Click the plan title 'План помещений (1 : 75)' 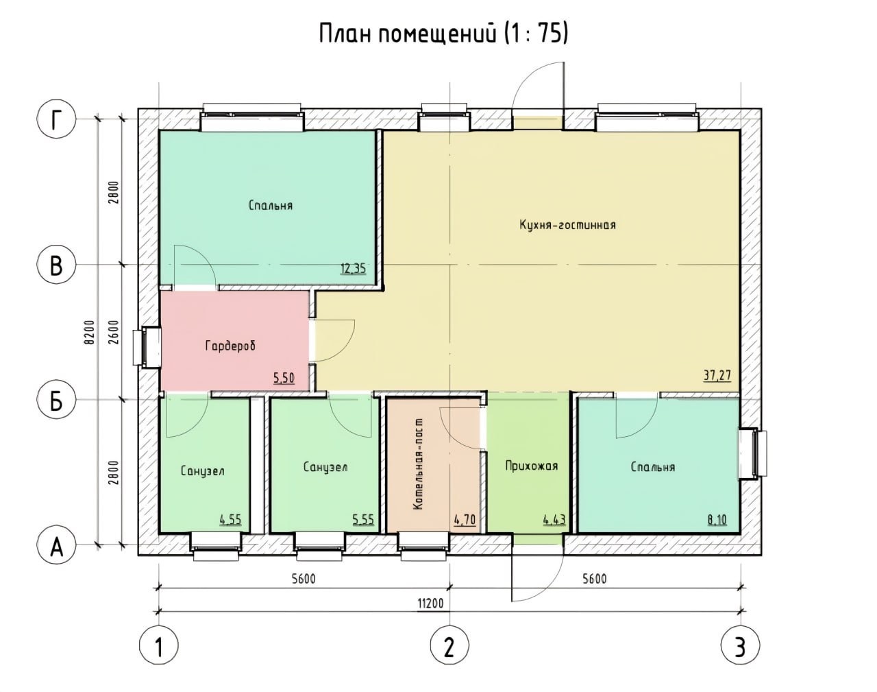coord(443,34)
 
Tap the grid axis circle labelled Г coord(56,119)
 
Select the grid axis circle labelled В coord(56,265)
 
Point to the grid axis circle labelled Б coord(56,400)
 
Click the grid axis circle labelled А coord(56,545)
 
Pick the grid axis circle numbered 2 coord(449,646)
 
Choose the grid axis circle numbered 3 coord(741,646)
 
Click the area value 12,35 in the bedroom coord(353,269)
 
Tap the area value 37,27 coord(717,375)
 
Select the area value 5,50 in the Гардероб coord(284,378)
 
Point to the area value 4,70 coord(465,519)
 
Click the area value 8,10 coord(717,519)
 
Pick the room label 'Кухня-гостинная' coord(567,225)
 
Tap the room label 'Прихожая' coord(532,466)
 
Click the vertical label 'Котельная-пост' coord(418,464)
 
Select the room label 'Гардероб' coord(230,346)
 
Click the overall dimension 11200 coord(430,603)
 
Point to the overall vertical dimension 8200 coord(90,332)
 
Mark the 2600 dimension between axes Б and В coord(114,332)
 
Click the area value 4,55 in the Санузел coord(230,519)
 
